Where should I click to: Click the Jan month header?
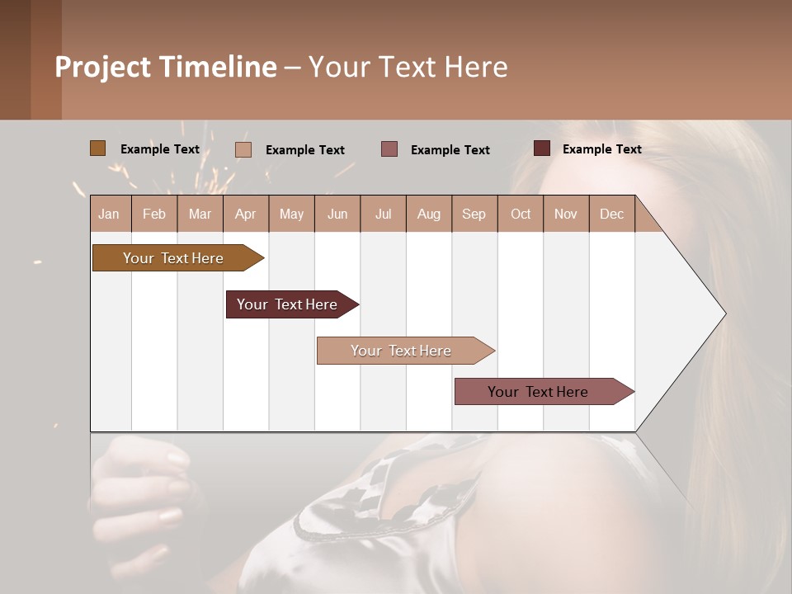click(110, 214)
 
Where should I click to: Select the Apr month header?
click(246, 214)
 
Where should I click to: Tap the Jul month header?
click(383, 214)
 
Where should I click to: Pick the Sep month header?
click(474, 214)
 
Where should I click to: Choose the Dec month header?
click(611, 214)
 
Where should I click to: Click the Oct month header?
click(521, 214)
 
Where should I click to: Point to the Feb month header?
click(154, 214)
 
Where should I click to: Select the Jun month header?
click(337, 214)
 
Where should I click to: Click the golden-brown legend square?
click(97, 148)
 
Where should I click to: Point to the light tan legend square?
click(243, 149)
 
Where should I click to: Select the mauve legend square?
click(389, 148)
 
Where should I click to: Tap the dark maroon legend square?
click(541, 148)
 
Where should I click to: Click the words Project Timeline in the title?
click(166, 67)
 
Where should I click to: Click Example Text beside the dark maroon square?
click(601, 149)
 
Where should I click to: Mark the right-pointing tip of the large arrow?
click(724, 313)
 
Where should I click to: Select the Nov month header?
click(566, 214)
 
